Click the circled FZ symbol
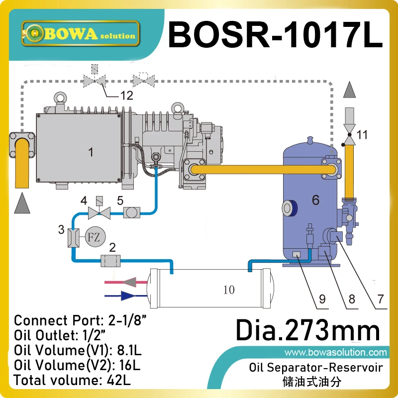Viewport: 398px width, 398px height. (x=93, y=236)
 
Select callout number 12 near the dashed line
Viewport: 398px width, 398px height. (x=127, y=96)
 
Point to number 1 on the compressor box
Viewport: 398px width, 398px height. (x=91, y=152)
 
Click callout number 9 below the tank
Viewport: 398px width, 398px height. (x=322, y=299)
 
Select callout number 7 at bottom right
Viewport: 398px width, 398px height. (x=381, y=299)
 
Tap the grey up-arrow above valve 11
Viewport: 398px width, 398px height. (x=350, y=91)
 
